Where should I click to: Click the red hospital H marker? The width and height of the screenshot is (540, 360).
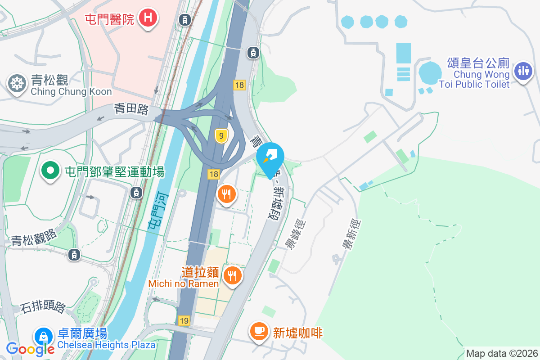pyautogui.click(x=148, y=18)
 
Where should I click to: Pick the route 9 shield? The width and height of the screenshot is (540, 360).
pyautogui.click(x=220, y=136)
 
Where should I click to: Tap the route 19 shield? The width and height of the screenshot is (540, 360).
pyautogui.click(x=184, y=321)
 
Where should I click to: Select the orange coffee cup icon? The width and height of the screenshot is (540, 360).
pyautogui.click(x=259, y=332)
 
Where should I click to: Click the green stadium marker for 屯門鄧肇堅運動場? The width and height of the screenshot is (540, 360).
pyautogui.click(x=51, y=171)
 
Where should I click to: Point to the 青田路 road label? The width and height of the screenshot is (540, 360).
pyautogui.click(x=131, y=109)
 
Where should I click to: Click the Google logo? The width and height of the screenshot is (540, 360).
pyautogui.click(x=30, y=349)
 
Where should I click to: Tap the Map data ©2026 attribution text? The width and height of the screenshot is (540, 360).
pyautogui.click(x=501, y=353)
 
